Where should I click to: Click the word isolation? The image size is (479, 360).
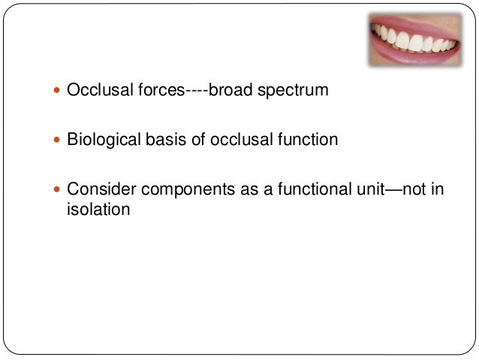(94, 208)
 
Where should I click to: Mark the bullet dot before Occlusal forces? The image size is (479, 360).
(59, 92)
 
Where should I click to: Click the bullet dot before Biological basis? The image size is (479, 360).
(59, 140)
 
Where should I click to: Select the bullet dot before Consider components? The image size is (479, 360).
(59, 189)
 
